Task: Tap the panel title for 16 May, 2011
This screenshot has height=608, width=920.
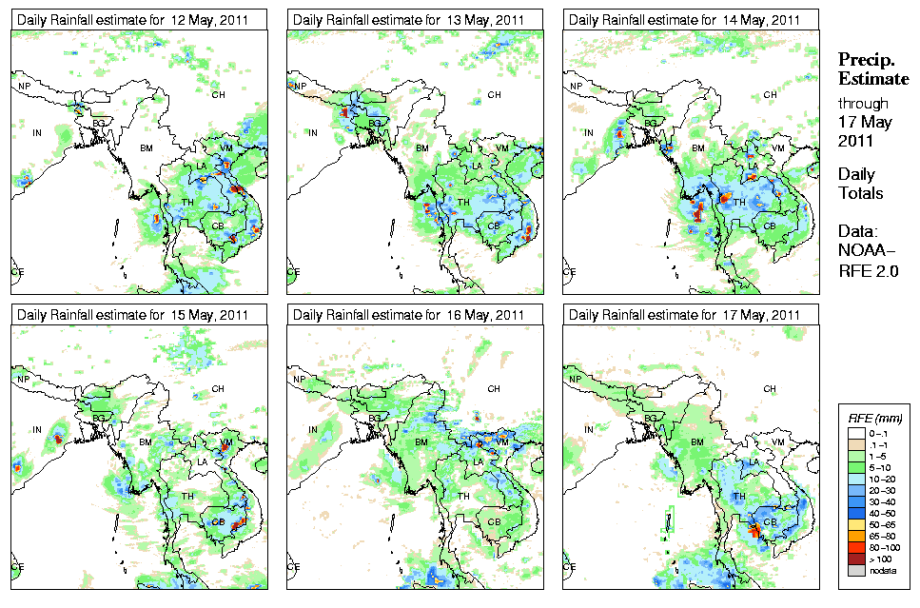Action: [x=409, y=315]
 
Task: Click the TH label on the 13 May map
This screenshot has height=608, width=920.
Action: [x=464, y=203]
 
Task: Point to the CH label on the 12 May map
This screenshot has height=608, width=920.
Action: [x=218, y=94]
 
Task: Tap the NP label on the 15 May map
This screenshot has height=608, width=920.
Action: [x=22, y=380]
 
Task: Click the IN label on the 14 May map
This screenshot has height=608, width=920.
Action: [x=589, y=133]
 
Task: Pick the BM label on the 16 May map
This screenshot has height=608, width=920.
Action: [x=421, y=442]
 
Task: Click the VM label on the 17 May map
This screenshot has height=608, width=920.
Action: [x=777, y=443]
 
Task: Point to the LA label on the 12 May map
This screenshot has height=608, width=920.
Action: [x=202, y=167]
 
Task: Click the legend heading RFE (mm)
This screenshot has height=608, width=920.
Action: [x=870, y=418]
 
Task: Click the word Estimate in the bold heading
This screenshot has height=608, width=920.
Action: [x=872, y=78]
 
